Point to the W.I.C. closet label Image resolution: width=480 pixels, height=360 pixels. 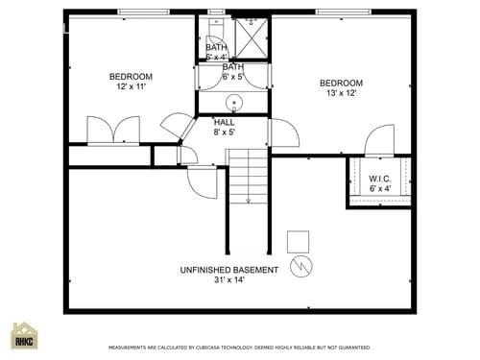point(379,178)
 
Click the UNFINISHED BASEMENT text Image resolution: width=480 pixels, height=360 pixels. point(229,270)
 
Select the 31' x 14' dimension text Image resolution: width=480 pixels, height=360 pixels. point(229,280)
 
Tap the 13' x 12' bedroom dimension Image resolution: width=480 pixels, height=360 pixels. point(341,93)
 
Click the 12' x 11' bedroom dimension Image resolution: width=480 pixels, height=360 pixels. point(130,87)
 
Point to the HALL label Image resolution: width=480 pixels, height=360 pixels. point(225,122)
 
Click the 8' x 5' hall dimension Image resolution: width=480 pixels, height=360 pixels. point(225,132)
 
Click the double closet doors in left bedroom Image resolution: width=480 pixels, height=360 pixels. point(113,131)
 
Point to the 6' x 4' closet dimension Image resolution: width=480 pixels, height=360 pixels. point(379,188)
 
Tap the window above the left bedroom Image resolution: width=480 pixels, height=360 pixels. point(142,12)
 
